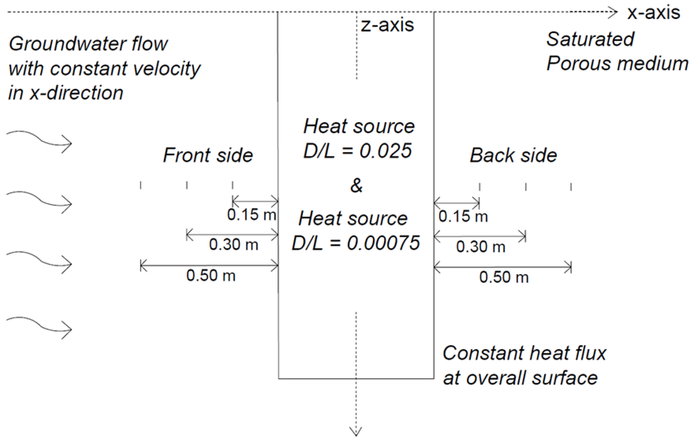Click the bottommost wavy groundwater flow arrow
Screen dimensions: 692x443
pyautogui.click(x=39, y=328)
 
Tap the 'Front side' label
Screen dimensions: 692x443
pyautogui.click(x=207, y=156)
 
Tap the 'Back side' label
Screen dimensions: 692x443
pyautogui.click(x=514, y=156)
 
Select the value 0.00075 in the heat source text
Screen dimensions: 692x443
pyautogui.click(x=382, y=242)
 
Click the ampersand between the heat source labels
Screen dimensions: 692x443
pyautogui.click(x=356, y=186)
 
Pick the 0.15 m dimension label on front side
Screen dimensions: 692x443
pyautogui.click(x=252, y=215)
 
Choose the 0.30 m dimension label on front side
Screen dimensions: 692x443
pyautogui.click(x=234, y=245)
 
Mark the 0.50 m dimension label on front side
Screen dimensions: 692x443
pyautogui.click(x=211, y=276)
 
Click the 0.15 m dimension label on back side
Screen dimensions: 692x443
pyautogui.click(x=463, y=216)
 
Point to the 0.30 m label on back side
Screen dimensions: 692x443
pyautogui.click(x=481, y=247)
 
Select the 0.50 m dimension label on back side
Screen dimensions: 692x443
pyautogui.click(x=504, y=278)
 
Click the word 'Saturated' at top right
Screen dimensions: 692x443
pyautogui.click(x=591, y=39)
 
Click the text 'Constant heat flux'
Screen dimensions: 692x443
pyautogui.click(x=524, y=353)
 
